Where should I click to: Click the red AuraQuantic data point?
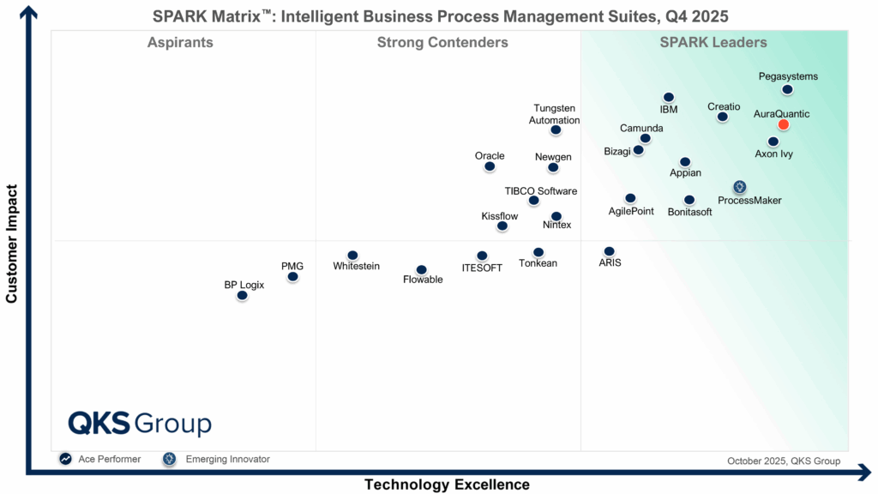pyautogui.click(x=783, y=124)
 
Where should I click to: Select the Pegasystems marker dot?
pyautogui.click(x=787, y=89)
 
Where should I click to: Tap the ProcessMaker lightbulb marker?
pyautogui.click(x=739, y=187)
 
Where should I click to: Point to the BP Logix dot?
pyautogui.click(x=242, y=295)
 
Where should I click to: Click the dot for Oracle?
pyautogui.click(x=490, y=166)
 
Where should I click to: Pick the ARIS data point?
pyautogui.click(x=609, y=251)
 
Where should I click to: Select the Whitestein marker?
pyautogui.click(x=352, y=255)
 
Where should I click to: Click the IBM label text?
pyautogui.click(x=669, y=110)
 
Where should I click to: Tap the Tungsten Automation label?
pyautogui.click(x=555, y=115)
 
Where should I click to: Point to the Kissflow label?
pyautogui.click(x=500, y=216)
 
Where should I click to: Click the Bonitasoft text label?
pyautogui.click(x=690, y=212)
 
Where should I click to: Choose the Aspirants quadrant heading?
pyautogui.click(x=180, y=43)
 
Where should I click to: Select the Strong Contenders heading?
pyautogui.click(x=442, y=43)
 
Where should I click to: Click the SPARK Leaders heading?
pyautogui.click(x=713, y=43)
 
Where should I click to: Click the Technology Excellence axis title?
pyautogui.click(x=447, y=485)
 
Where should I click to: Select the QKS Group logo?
pyautogui.click(x=140, y=424)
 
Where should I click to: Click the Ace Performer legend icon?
pyautogui.click(x=65, y=459)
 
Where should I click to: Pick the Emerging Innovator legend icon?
pyautogui.click(x=170, y=459)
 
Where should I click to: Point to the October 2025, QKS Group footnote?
pyautogui.click(x=784, y=461)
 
